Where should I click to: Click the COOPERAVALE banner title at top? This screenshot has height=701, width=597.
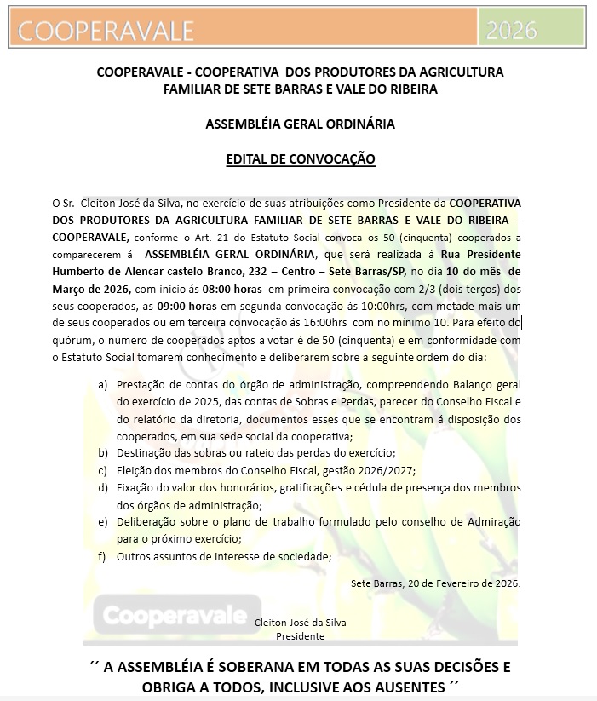(x=106, y=31)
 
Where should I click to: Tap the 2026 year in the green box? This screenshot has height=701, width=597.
(x=511, y=31)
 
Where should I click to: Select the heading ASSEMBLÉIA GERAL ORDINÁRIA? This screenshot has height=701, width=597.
(x=300, y=124)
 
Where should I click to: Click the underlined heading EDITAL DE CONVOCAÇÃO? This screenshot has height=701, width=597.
(x=300, y=158)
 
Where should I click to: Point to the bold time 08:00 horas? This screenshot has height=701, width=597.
(x=207, y=289)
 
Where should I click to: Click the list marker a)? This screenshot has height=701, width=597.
(x=102, y=384)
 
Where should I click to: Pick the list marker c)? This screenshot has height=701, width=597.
(x=102, y=470)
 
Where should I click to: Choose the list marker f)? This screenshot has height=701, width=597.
(x=102, y=557)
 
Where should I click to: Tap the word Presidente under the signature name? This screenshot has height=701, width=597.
(x=300, y=635)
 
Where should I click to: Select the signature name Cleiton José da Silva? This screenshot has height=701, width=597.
(x=301, y=623)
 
